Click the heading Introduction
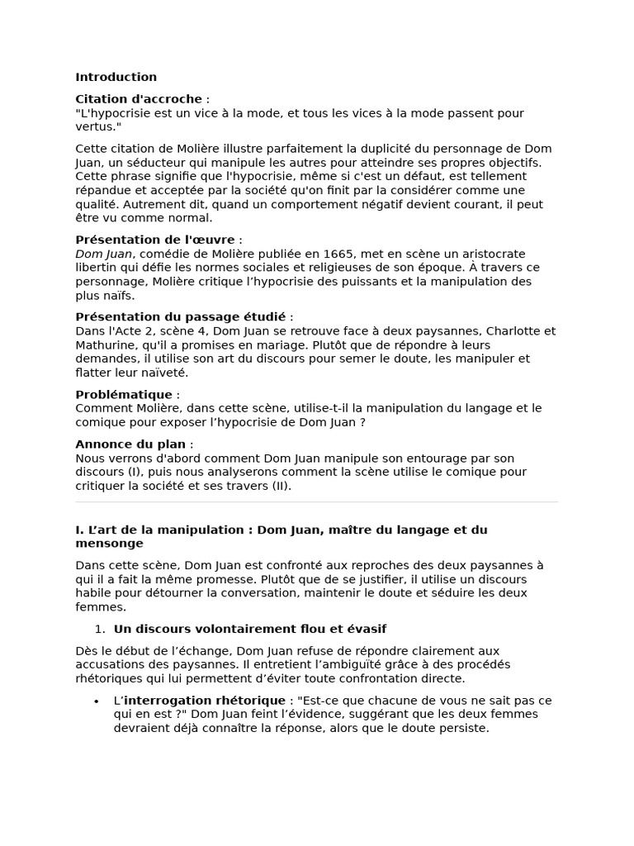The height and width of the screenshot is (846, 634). pos(116,78)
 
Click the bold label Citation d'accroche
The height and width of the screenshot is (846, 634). pos(139,99)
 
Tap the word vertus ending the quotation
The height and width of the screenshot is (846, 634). pos(96,126)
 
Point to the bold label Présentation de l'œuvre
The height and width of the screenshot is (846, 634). pos(155,240)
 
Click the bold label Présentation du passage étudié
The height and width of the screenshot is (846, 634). pos(180,317)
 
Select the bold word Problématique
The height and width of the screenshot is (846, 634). pos(124,395)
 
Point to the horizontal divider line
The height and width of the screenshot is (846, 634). pos(316,501)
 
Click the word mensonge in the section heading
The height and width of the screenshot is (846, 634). pos(109,544)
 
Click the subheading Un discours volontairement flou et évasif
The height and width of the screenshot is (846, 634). pos(249,630)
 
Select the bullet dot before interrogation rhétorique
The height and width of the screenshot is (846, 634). pos(97,701)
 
